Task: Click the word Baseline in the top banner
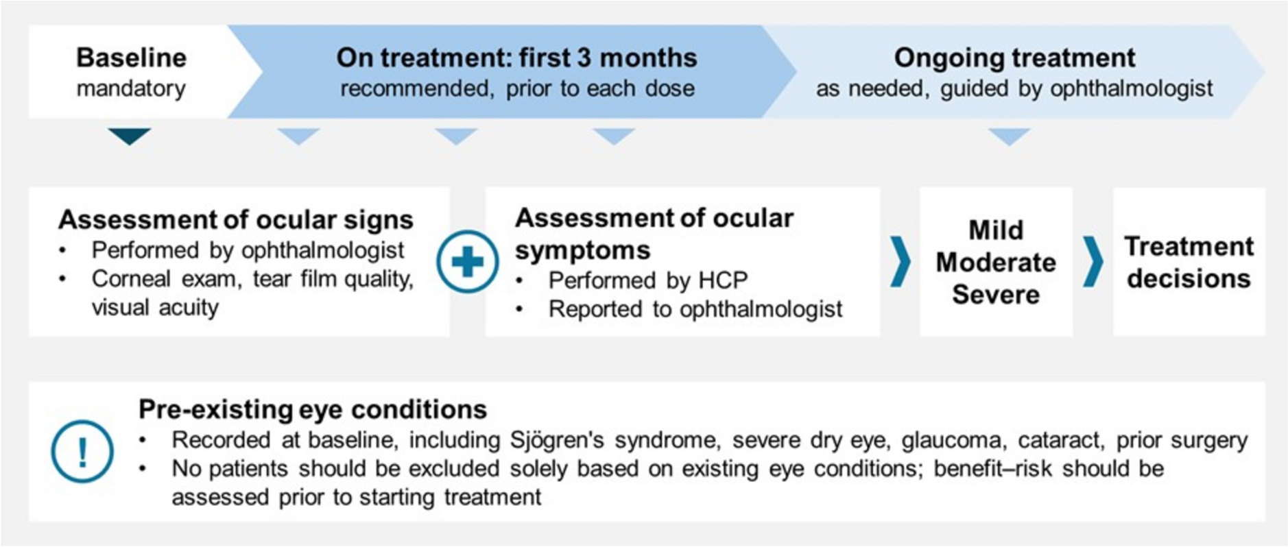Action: tap(131, 58)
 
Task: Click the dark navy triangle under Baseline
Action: tap(129, 136)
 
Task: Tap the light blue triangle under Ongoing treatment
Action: tap(1009, 136)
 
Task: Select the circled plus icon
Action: tap(468, 262)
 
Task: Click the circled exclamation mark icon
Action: tap(82, 452)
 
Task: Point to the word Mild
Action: tap(996, 230)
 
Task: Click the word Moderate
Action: tap(996, 262)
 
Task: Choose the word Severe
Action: tap(996, 294)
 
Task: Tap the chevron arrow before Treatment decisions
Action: tap(1093, 262)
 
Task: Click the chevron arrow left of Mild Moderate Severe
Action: tap(901, 262)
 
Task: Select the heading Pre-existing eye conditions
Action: tap(313, 409)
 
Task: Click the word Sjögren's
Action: tap(557, 439)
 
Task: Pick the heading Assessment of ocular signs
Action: tap(236, 219)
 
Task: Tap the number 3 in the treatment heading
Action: tap(584, 58)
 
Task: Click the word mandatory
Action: tap(131, 88)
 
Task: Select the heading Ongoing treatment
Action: tap(1014, 58)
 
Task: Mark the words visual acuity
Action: tap(155, 307)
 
